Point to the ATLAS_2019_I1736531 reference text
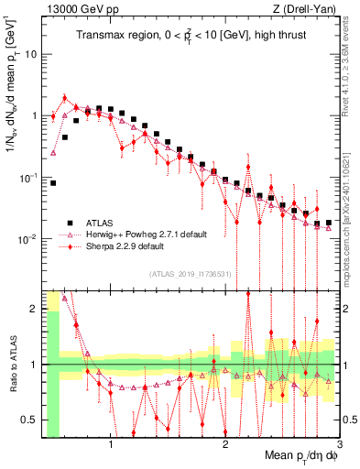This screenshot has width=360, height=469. point(190,274)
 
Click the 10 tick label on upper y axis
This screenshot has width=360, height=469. point(33,54)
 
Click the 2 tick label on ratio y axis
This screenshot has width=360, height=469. point(36,309)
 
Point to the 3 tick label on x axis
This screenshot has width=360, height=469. point(339,445)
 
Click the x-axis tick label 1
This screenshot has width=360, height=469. point(111,445)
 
